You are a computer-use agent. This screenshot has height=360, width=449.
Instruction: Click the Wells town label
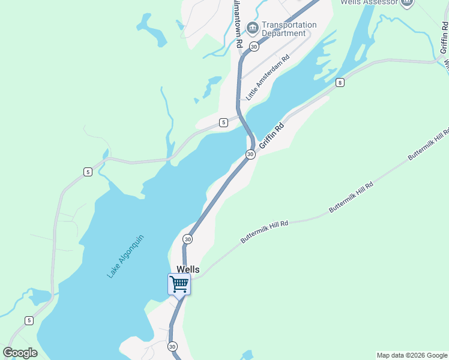(x=187, y=270)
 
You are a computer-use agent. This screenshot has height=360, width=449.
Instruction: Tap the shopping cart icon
(x=179, y=284)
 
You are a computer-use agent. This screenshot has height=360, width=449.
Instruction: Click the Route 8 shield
(x=340, y=82)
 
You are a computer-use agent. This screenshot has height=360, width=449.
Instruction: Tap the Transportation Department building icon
(x=253, y=27)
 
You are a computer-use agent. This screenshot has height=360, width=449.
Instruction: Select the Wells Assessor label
(x=369, y=2)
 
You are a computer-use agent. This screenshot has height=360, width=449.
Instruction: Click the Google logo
(x=20, y=353)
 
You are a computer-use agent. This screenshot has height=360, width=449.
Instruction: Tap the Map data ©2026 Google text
(x=412, y=355)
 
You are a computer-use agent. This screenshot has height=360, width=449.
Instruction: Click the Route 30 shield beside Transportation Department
(x=254, y=46)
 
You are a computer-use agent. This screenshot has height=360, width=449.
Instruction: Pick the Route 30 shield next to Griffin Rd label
(x=250, y=154)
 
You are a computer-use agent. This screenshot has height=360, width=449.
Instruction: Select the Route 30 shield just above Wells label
(x=188, y=239)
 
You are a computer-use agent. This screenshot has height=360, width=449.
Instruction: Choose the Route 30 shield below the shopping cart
(x=173, y=346)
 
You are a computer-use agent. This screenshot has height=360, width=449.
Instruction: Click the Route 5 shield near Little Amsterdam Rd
(x=223, y=122)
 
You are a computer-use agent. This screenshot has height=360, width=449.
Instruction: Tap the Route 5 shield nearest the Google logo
(x=29, y=320)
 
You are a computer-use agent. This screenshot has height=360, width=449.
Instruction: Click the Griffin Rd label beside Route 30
(x=271, y=136)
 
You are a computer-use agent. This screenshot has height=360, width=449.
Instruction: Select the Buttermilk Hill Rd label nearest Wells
(x=265, y=232)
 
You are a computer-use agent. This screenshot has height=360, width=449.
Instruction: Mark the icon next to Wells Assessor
(x=408, y=2)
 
